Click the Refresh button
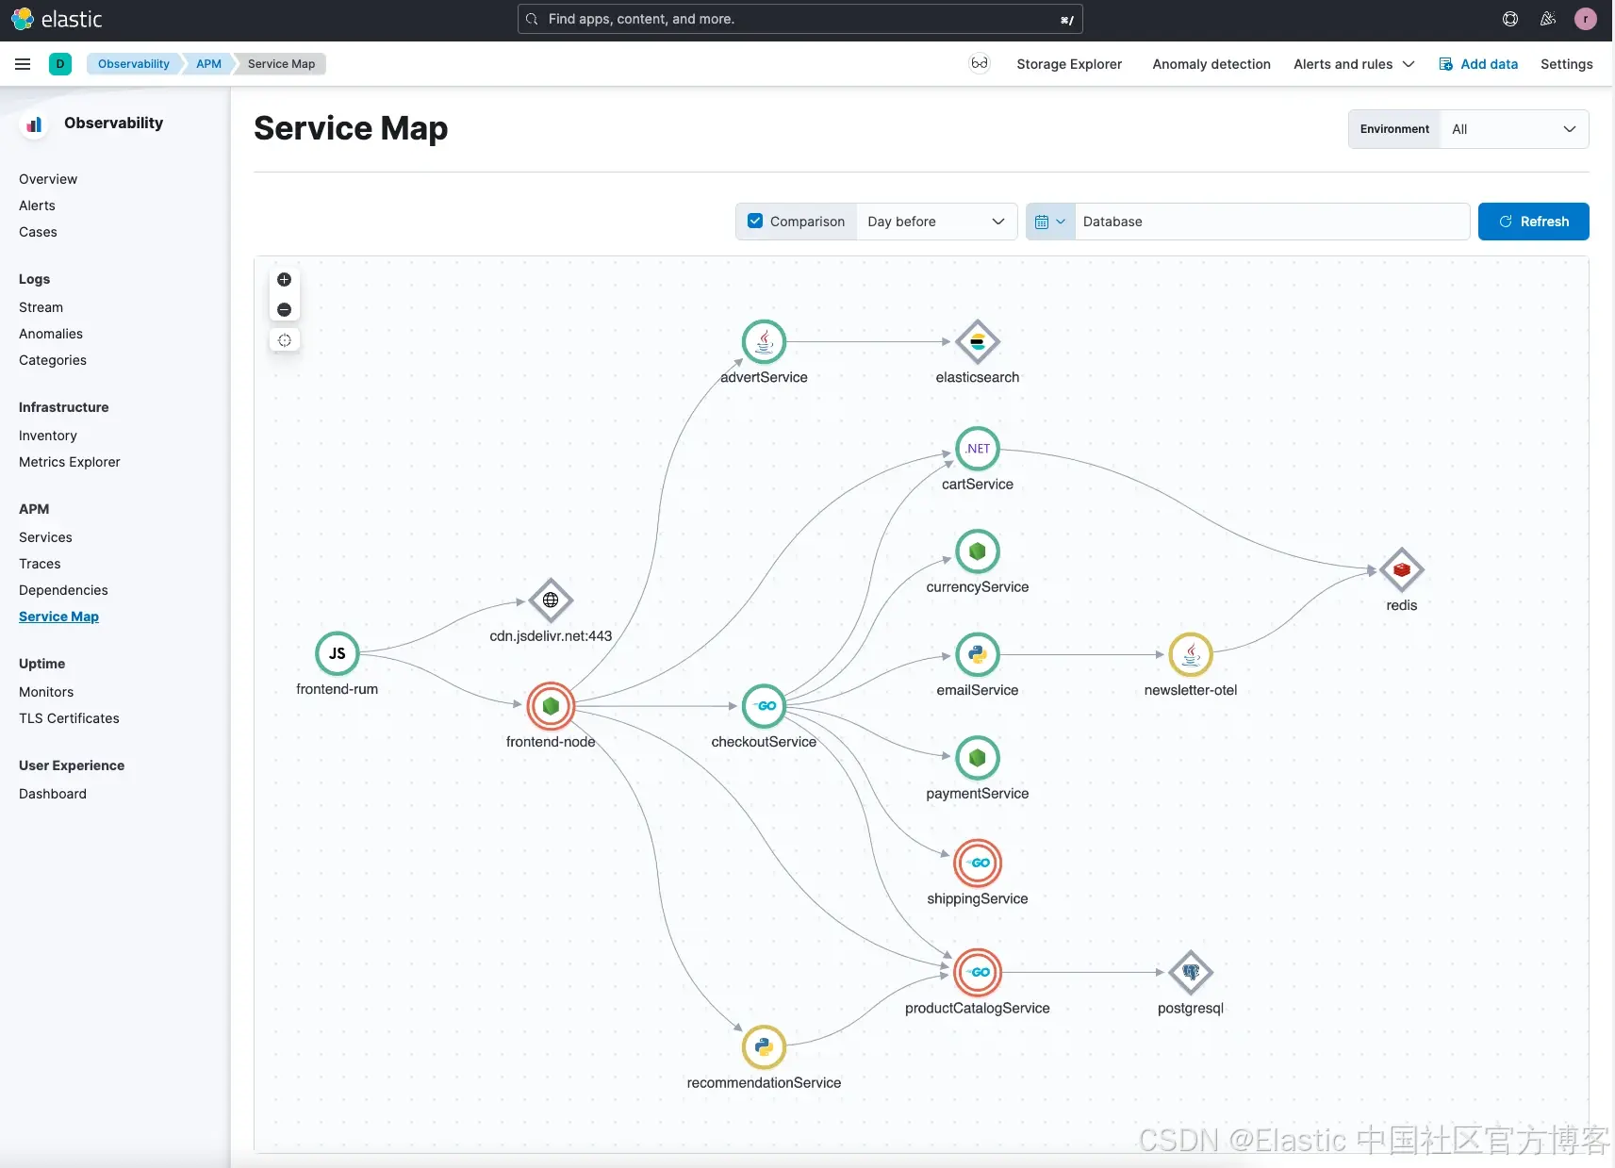click(1533, 222)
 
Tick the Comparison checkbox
click(755, 222)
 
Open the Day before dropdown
click(936, 222)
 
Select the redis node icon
click(1401, 569)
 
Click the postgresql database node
click(1190, 972)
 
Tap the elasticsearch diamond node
click(977, 342)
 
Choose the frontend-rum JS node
click(337, 653)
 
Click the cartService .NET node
click(978, 449)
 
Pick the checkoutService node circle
click(764, 705)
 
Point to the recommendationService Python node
click(764, 1046)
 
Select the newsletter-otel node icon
click(1190, 654)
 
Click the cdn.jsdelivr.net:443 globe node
click(551, 600)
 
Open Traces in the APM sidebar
click(40, 564)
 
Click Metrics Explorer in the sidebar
click(70, 462)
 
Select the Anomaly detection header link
click(1211, 64)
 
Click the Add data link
click(1478, 64)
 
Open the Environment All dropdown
click(1513, 129)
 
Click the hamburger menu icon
click(23, 64)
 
